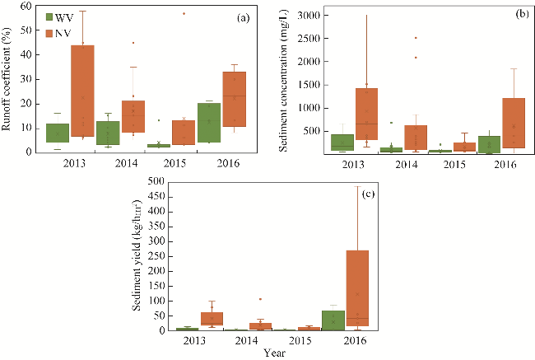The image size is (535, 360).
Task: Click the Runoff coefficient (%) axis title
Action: pos(9,79)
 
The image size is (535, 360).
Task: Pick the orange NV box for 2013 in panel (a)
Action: pos(82,91)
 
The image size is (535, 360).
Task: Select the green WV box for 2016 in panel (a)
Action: pos(209,123)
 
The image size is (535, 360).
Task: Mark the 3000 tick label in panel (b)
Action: pos(306,16)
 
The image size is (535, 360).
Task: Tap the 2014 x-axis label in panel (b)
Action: pos(408,164)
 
